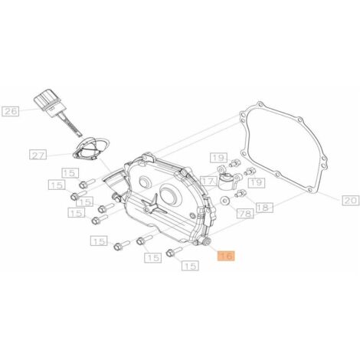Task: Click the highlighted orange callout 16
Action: tap(226, 256)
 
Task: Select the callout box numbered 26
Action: tap(11, 112)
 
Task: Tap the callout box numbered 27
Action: tap(38, 155)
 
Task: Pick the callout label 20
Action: tap(351, 201)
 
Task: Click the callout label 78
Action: tap(245, 214)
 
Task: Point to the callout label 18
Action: tap(264, 208)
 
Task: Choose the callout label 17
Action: tap(208, 182)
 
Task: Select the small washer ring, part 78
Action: tap(225, 201)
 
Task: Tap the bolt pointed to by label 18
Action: tap(241, 194)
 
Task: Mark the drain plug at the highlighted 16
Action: tap(206, 241)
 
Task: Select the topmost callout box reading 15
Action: tap(70, 173)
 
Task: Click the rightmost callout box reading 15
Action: tap(190, 266)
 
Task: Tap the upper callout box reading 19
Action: tap(218, 158)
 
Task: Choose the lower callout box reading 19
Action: tap(257, 182)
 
